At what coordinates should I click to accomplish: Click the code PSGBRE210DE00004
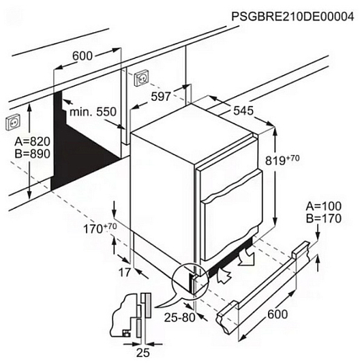click(292, 16)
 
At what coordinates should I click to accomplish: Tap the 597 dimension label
click(161, 96)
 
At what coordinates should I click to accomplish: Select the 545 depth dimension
click(243, 111)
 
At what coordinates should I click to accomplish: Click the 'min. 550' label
click(93, 112)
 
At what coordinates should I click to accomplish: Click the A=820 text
click(33, 141)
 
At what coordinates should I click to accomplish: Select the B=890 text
click(33, 154)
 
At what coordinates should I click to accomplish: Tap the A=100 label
click(323, 206)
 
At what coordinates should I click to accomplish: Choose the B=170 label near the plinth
click(324, 218)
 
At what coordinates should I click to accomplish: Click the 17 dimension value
click(125, 272)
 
